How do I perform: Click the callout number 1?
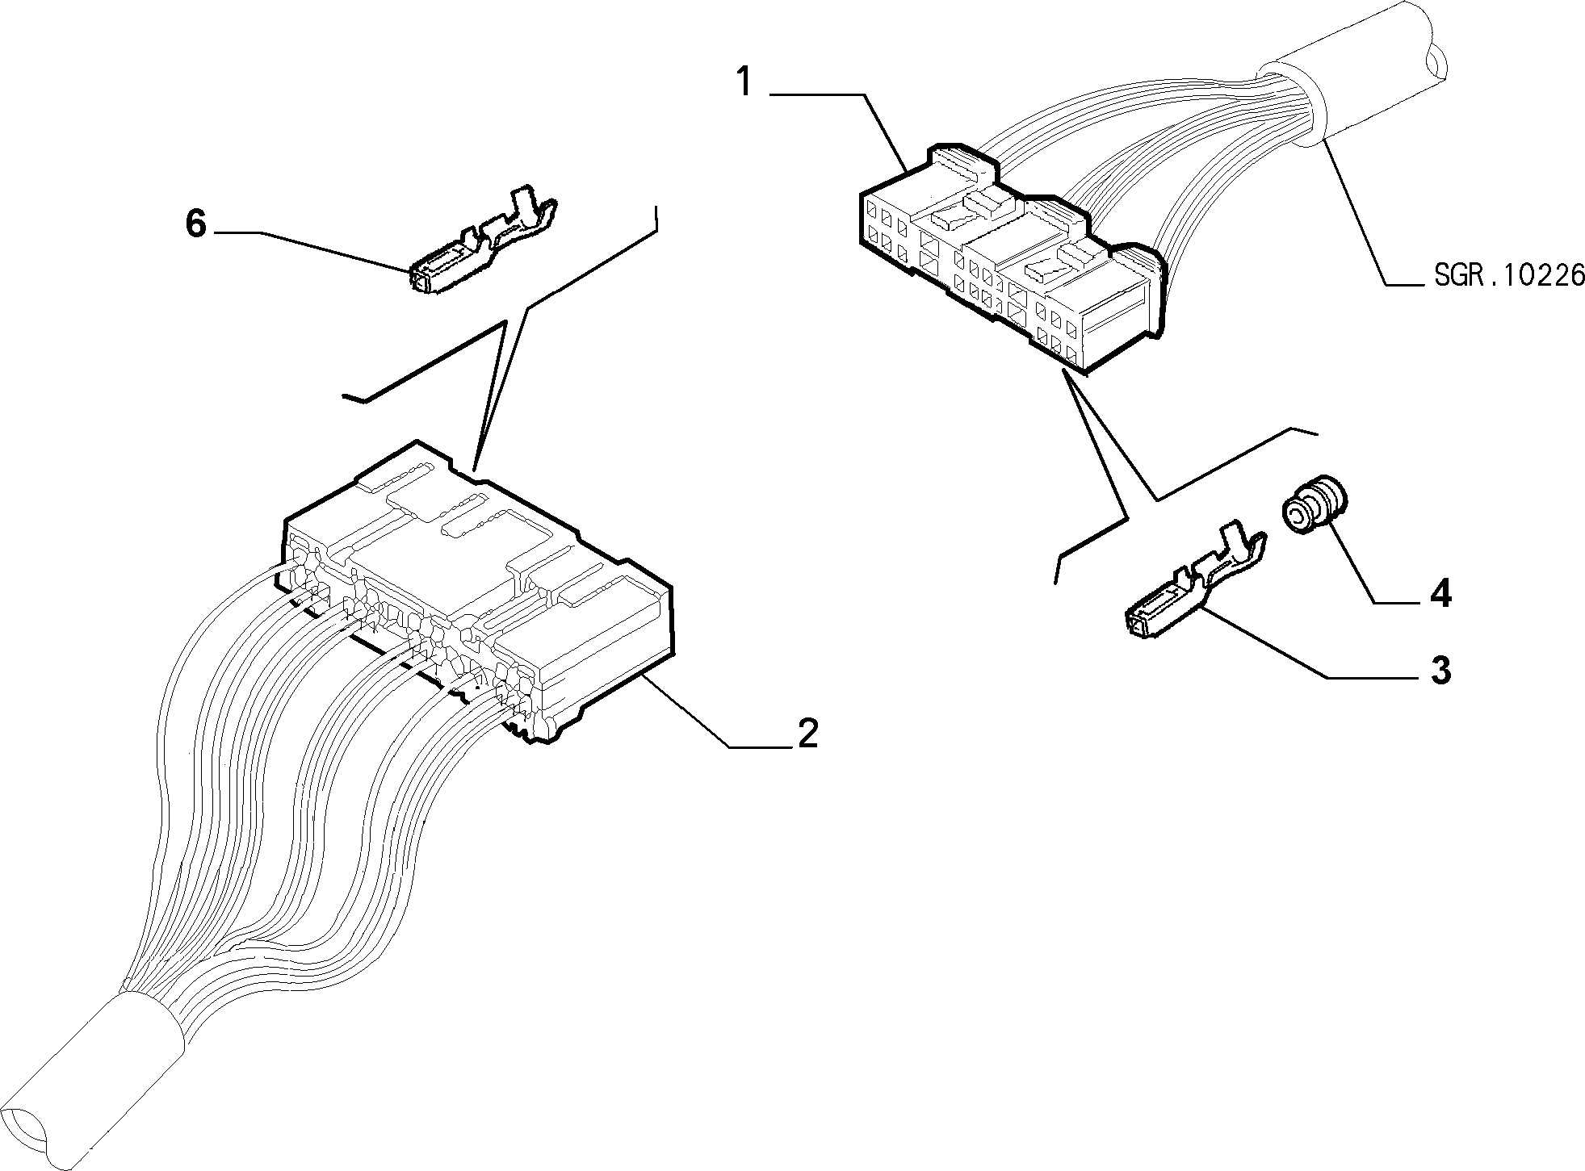(x=744, y=83)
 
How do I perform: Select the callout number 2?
(x=807, y=732)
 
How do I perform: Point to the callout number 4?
(x=1440, y=593)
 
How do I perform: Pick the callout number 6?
(x=196, y=224)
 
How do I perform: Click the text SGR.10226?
(x=1509, y=276)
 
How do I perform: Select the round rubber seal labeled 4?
(x=1309, y=505)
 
